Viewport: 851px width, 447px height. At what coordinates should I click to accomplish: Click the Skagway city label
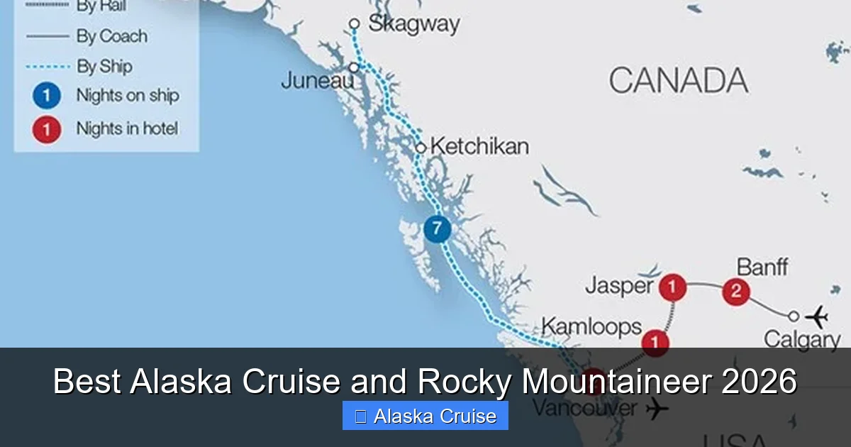(x=413, y=24)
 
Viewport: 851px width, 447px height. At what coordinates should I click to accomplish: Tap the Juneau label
(x=317, y=80)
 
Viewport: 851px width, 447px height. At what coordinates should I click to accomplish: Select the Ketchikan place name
(x=479, y=147)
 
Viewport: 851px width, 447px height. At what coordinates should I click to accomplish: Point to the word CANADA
(x=678, y=80)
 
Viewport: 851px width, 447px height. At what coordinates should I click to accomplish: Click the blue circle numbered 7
(x=437, y=229)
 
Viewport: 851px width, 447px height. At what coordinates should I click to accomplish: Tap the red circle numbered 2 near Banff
(x=736, y=291)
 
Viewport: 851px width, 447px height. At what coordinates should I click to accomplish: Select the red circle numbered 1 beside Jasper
(x=672, y=288)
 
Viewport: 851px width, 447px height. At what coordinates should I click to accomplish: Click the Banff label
(x=762, y=267)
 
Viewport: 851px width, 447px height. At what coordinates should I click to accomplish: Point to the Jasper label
(x=619, y=286)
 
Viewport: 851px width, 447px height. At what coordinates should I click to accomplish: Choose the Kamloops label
(x=591, y=327)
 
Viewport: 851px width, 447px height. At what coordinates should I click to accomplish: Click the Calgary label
(x=801, y=339)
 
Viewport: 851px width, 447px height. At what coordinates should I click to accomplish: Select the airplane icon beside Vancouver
(x=657, y=409)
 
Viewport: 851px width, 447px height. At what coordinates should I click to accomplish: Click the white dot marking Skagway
(x=355, y=24)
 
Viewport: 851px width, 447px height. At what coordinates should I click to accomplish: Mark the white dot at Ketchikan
(x=421, y=148)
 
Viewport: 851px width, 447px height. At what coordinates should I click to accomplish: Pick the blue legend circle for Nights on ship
(x=47, y=96)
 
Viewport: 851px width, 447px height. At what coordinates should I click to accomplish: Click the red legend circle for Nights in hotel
(x=47, y=129)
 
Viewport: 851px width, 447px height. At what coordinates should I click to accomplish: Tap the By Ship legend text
(x=104, y=67)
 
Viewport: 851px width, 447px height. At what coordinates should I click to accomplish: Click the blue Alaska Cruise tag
(x=425, y=416)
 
